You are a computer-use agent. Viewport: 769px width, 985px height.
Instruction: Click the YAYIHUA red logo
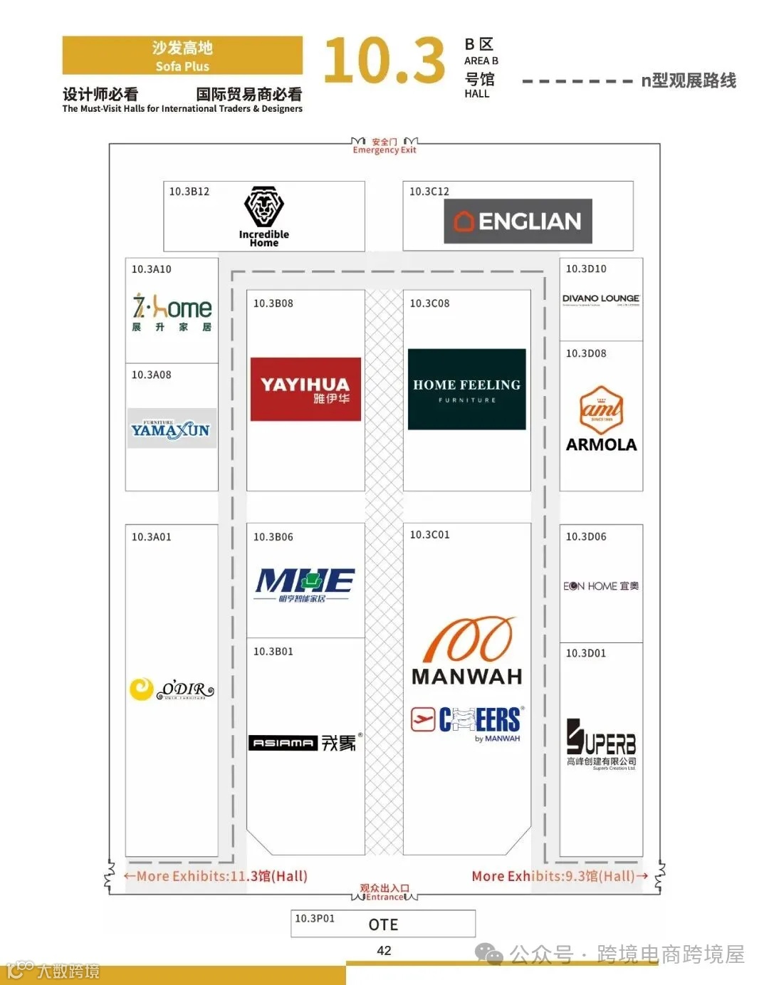point(305,389)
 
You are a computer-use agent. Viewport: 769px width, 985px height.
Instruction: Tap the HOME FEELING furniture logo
point(466,389)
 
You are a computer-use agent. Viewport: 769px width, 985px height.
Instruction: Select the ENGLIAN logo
point(518,222)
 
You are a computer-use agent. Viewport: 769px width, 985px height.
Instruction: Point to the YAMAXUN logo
point(172,428)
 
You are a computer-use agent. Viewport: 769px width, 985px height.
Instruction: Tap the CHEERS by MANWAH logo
point(467,721)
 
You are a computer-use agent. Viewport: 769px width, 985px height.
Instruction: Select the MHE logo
point(305,584)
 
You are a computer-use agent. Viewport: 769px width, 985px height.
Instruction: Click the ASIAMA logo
point(305,742)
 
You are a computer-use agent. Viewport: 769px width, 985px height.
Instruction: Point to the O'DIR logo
point(172,689)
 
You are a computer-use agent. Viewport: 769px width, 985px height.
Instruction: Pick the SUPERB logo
point(601,744)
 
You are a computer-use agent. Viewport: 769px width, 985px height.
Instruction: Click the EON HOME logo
point(601,586)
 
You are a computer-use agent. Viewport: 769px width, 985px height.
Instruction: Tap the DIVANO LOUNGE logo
point(601,299)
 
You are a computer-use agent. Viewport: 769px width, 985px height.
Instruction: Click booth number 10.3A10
point(152,269)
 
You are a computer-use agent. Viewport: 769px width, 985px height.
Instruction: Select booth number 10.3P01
point(315,919)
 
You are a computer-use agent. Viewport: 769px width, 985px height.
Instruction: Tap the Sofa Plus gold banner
point(182,56)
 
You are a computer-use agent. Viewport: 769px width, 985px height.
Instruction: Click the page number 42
point(384,951)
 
